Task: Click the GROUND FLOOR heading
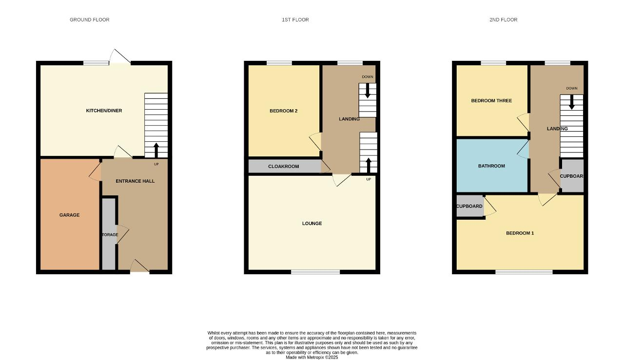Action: (89, 20)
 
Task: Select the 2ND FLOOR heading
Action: (504, 20)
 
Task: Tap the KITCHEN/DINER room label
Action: (104, 111)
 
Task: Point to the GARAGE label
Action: (69, 215)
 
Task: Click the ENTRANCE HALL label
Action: (135, 181)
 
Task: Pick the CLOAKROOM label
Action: (284, 167)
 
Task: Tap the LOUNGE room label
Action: (312, 223)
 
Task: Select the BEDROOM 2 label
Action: (284, 111)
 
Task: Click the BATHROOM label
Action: (491, 166)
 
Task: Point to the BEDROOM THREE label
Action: (491, 101)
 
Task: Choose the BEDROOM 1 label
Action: (520, 233)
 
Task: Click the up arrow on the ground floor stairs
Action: (156, 151)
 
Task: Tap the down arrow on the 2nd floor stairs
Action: (572, 102)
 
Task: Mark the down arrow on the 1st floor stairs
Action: (368, 91)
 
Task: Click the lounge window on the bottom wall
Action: (315, 272)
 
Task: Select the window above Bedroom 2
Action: (279, 63)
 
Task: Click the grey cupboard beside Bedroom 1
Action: (470, 206)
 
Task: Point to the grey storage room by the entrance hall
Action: (109, 234)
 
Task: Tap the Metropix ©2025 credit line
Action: (312, 357)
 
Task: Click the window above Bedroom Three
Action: (493, 63)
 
